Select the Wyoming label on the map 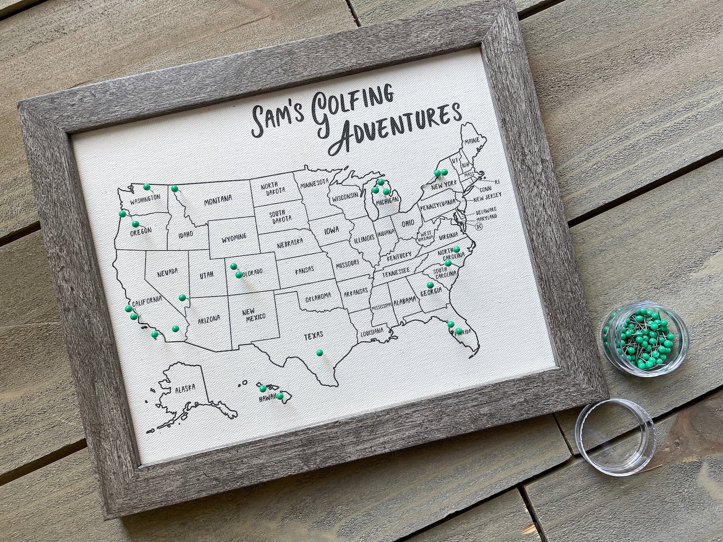pos(234,237)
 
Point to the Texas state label pos(313,336)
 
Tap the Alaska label pos(185,388)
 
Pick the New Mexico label pos(254,314)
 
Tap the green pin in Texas pos(319,352)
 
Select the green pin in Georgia pos(430,285)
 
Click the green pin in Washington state pos(146,187)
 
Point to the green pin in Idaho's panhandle pos(174,189)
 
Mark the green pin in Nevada pos(182,297)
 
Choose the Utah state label pos(206,275)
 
